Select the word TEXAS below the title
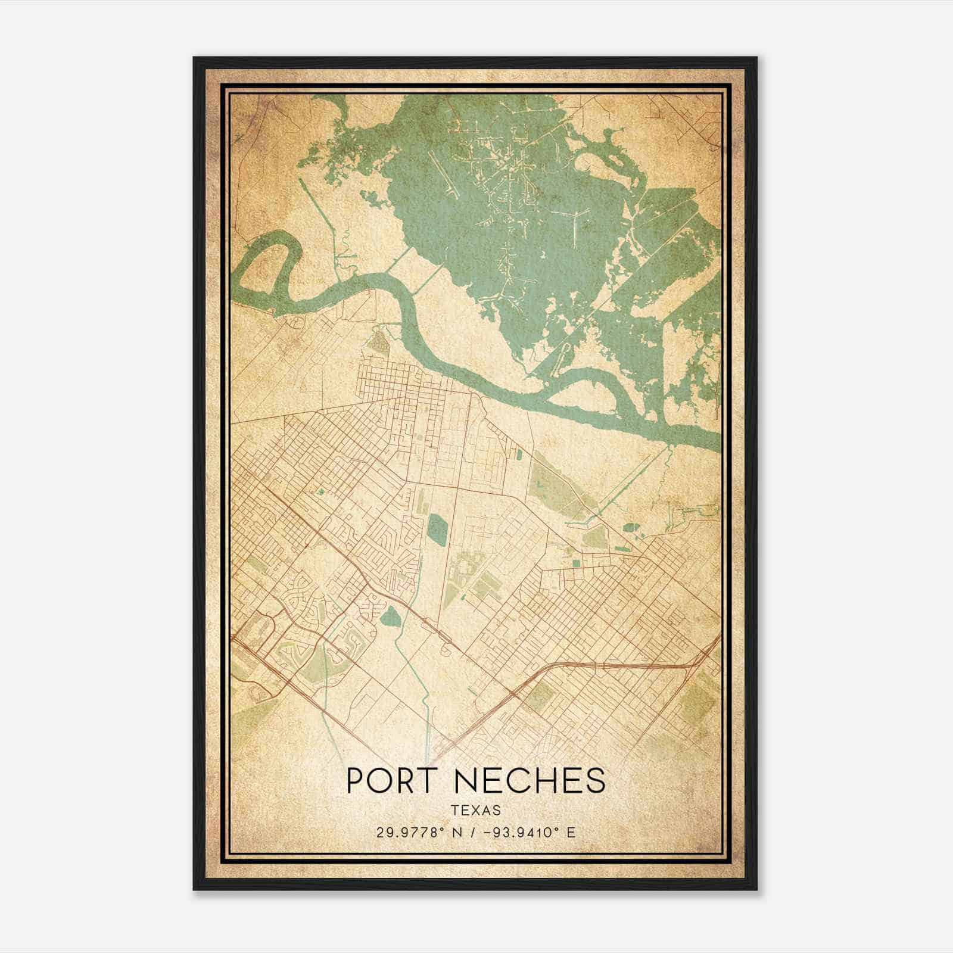[475, 811]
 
